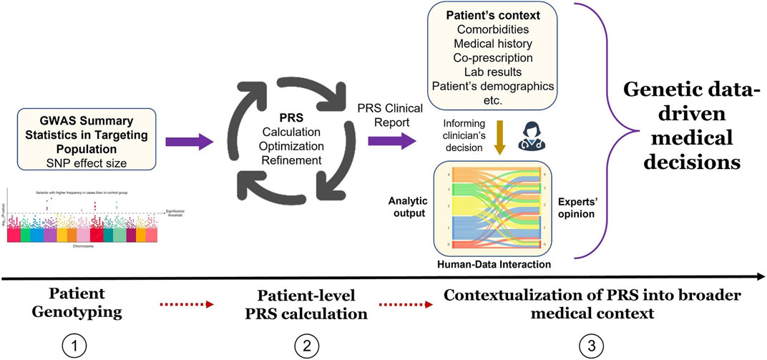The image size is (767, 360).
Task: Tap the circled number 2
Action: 306,346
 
